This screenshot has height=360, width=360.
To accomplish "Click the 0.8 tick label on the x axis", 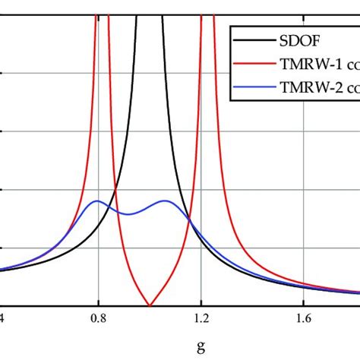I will [98, 318].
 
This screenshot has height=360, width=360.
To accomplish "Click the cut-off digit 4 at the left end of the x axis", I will [3, 318].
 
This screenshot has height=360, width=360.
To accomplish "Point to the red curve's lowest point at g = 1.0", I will [150, 304].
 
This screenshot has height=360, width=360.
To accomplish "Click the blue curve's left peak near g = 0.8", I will [96, 201].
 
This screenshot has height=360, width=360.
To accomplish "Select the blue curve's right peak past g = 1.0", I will [166, 201].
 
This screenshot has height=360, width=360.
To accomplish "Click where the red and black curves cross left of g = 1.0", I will [115, 191].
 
